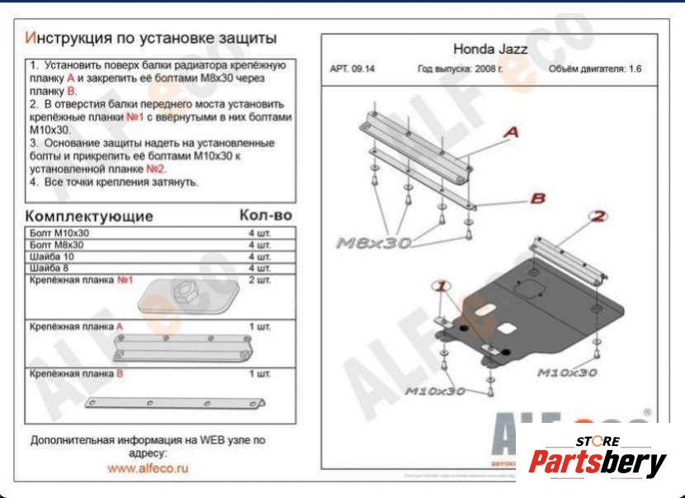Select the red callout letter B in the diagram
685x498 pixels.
537,198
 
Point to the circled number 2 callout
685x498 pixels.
598,216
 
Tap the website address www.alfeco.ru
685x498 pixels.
148,467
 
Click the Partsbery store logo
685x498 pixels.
598,458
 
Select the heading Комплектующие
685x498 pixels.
91,216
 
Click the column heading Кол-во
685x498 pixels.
265,216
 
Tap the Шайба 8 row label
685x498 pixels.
50,268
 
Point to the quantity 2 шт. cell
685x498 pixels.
259,280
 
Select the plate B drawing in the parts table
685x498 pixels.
175,402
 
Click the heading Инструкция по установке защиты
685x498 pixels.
150,38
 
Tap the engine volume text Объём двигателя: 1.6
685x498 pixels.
594,69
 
